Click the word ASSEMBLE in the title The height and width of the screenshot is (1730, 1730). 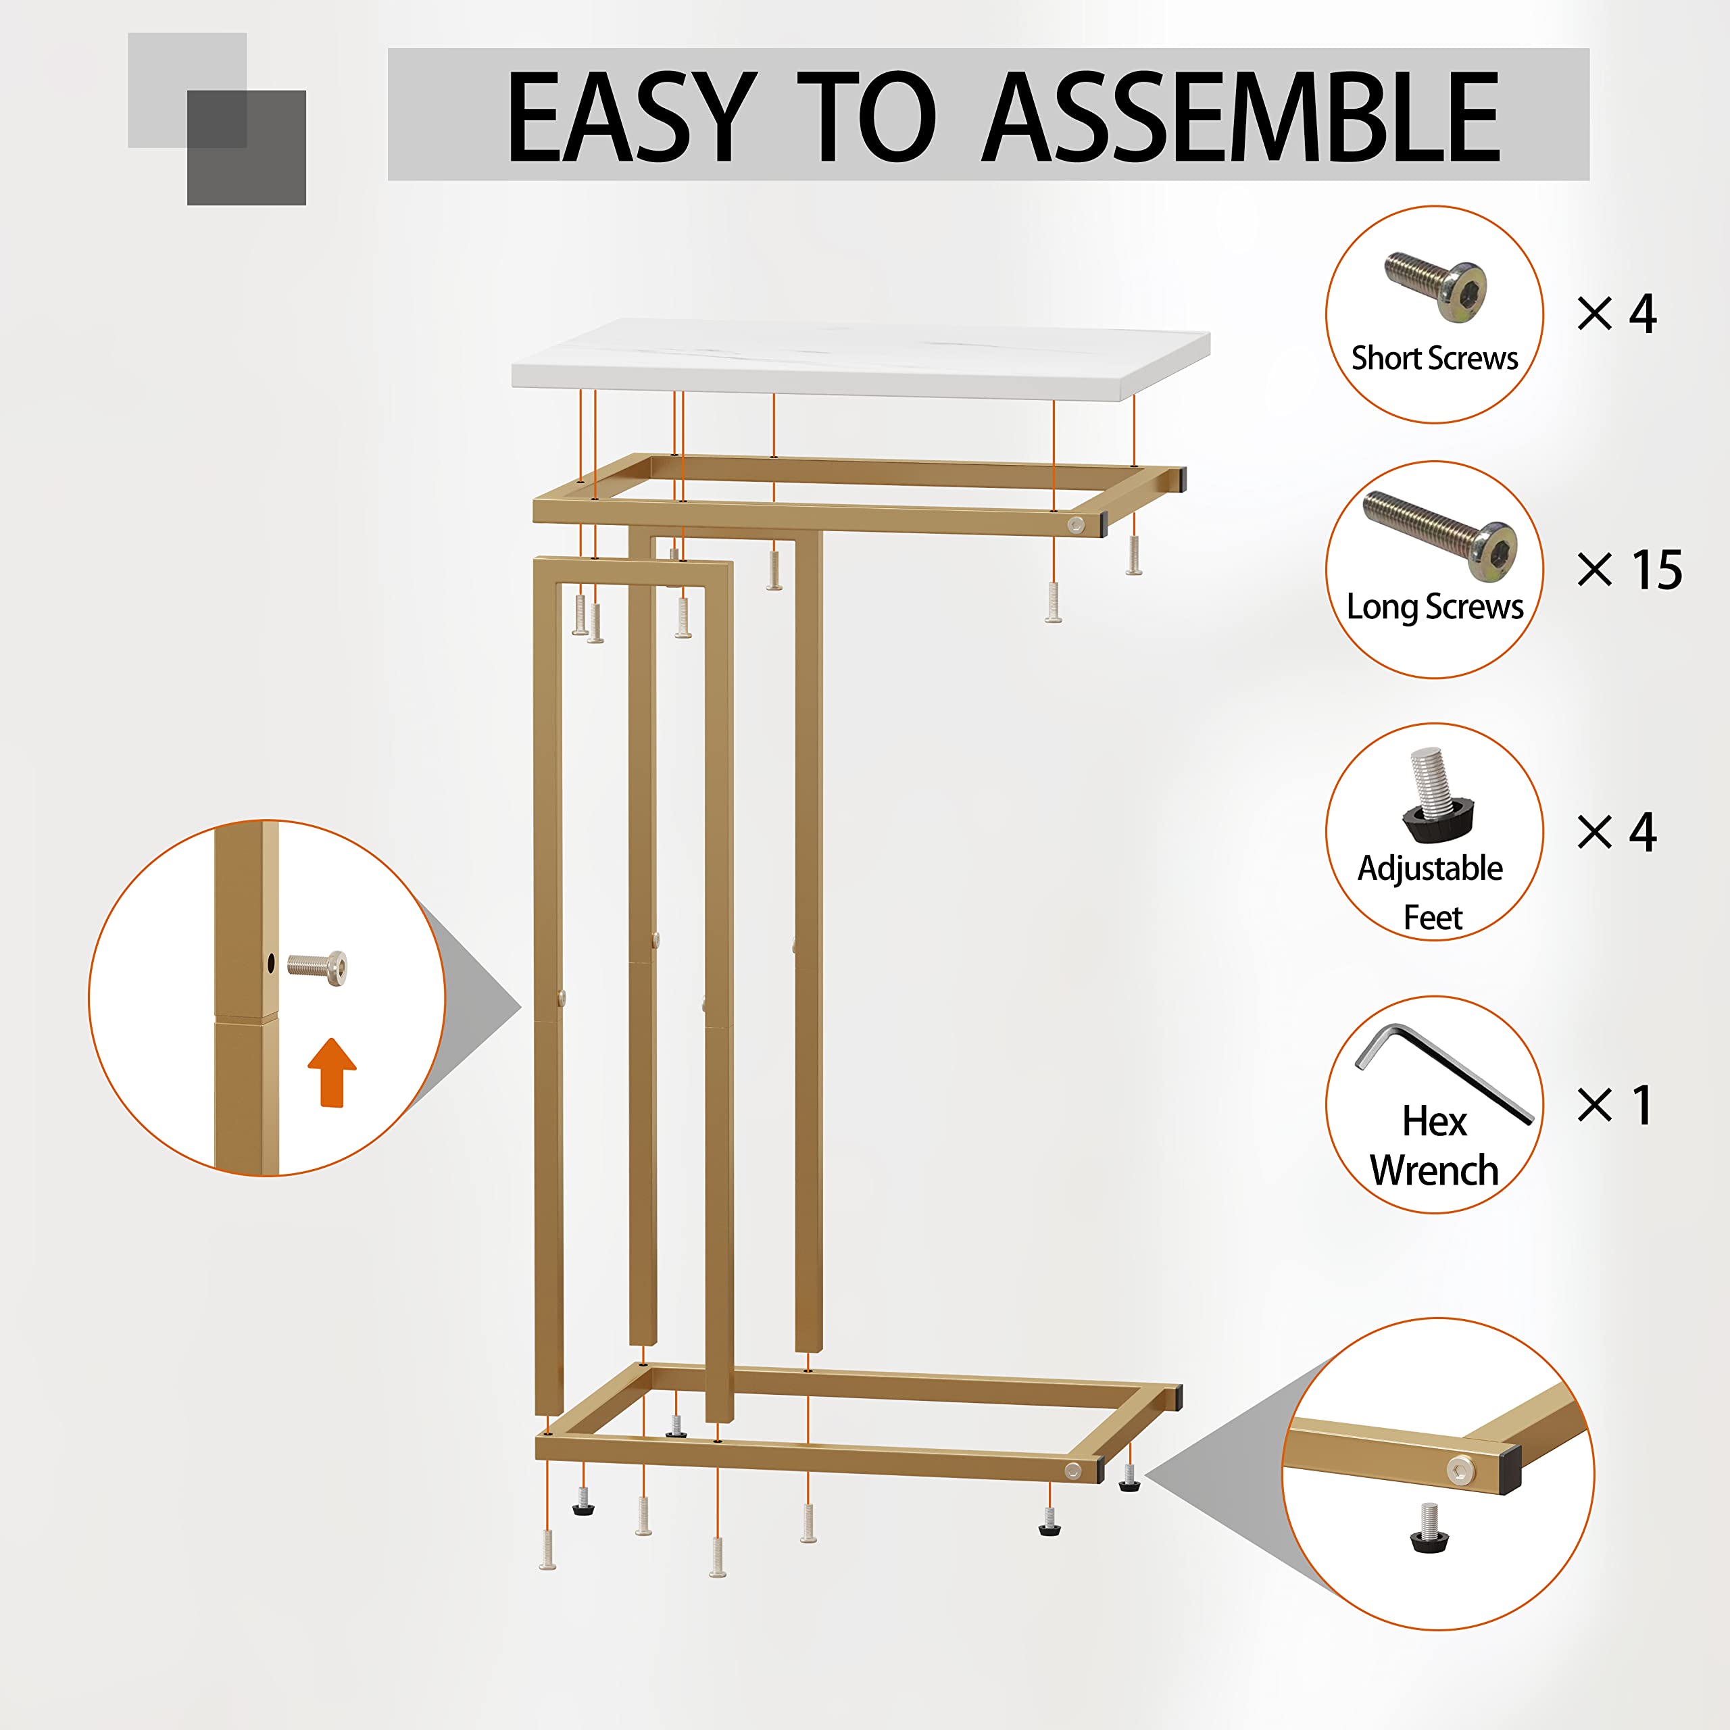(x=1240, y=118)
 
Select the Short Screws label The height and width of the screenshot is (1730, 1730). (x=1435, y=358)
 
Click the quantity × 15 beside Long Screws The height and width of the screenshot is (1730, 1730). (x=1630, y=570)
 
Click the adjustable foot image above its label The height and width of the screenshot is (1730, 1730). (x=1433, y=797)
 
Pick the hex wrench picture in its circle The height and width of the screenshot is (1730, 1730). (x=1441, y=1070)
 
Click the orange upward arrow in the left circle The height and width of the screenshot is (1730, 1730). (x=332, y=1072)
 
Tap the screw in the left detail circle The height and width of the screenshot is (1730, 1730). (x=318, y=967)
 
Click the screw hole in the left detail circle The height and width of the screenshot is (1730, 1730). (x=271, y=964)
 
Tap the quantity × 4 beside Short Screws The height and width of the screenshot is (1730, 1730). (x=1616, y=314)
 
